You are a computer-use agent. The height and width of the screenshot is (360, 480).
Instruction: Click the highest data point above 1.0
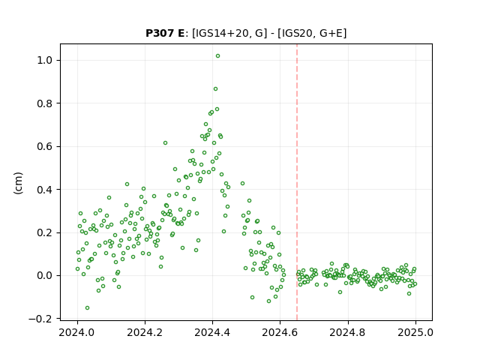217,56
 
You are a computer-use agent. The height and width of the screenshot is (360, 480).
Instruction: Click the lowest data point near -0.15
87,308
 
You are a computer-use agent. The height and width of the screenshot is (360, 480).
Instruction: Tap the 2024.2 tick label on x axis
145,332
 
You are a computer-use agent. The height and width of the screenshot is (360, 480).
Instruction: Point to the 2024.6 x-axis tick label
280,332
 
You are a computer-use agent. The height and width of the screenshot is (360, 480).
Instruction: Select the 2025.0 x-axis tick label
415,332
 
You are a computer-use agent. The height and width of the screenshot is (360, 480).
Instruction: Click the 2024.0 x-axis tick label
77,332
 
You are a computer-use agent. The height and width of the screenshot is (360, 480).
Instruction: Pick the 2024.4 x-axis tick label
212,332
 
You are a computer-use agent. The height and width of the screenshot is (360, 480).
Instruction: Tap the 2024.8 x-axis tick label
347,332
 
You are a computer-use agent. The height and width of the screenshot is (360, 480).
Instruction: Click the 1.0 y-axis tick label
45,60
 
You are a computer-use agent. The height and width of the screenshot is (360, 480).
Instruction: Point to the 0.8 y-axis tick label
45,103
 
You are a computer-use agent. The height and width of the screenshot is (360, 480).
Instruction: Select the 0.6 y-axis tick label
45,147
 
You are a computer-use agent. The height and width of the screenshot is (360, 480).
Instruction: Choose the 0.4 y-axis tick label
45,190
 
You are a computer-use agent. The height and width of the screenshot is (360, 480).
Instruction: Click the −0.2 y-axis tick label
40,319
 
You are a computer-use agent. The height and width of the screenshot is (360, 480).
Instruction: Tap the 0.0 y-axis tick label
45,276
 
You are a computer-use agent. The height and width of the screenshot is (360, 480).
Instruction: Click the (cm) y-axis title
18,183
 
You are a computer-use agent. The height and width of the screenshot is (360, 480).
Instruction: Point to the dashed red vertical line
297,182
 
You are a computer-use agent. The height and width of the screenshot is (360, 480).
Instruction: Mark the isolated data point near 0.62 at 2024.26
165,143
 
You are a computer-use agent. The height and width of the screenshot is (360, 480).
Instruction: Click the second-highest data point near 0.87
215,89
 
